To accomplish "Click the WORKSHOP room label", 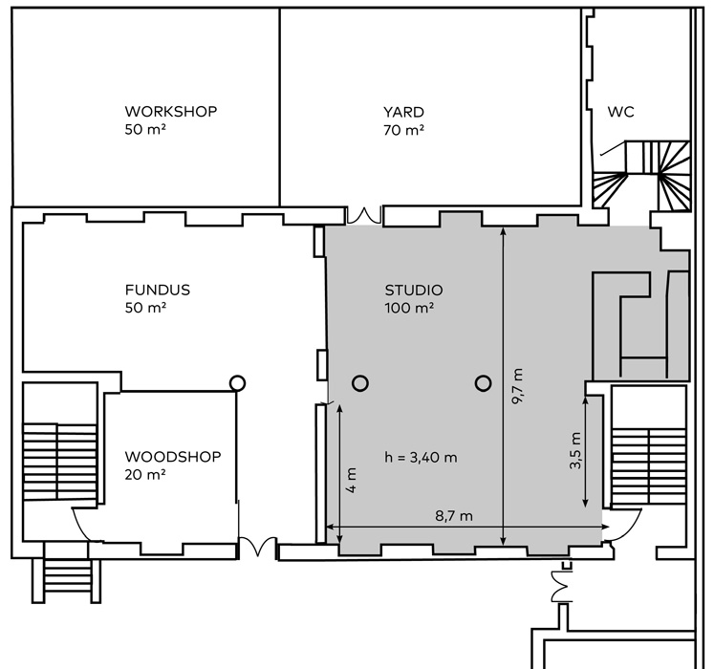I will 171,112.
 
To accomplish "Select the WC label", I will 620,112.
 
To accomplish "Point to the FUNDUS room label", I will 157,290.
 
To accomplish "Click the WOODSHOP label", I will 173,457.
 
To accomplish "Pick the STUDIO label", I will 414,290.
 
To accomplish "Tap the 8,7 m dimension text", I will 454,516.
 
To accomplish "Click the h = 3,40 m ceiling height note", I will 420,457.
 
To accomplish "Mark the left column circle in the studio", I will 359,383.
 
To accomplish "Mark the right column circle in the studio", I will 481,383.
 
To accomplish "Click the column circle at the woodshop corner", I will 237,382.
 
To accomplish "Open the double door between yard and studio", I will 365,215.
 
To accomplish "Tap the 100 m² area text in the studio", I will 410,308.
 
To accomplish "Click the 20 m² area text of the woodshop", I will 145,474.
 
